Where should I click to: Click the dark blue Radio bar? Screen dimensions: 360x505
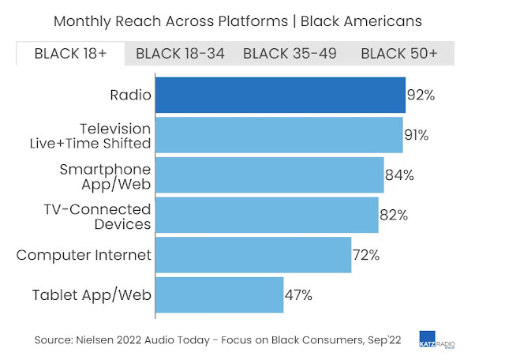tap(280, 96)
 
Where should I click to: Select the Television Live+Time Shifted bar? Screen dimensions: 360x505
tap(279, 135)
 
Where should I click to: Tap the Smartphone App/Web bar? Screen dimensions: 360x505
tap(269, 175)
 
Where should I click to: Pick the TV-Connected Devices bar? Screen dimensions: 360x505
tap(267, 216)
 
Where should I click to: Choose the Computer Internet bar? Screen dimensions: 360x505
tap(252, 256)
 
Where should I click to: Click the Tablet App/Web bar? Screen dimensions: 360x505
tap(219, 295)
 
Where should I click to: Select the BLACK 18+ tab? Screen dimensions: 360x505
tap(70, 54)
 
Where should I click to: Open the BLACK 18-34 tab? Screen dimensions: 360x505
tap(180, 54)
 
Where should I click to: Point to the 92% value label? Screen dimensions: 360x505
tap(421, 96)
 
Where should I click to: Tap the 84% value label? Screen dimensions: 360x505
tap(399, 175)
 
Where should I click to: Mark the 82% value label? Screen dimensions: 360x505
tap(393, 216)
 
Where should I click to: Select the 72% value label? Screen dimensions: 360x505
tap(366, 256)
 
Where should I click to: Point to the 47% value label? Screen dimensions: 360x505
tap(298, 295)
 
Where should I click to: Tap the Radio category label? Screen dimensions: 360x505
tap(130, 96)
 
